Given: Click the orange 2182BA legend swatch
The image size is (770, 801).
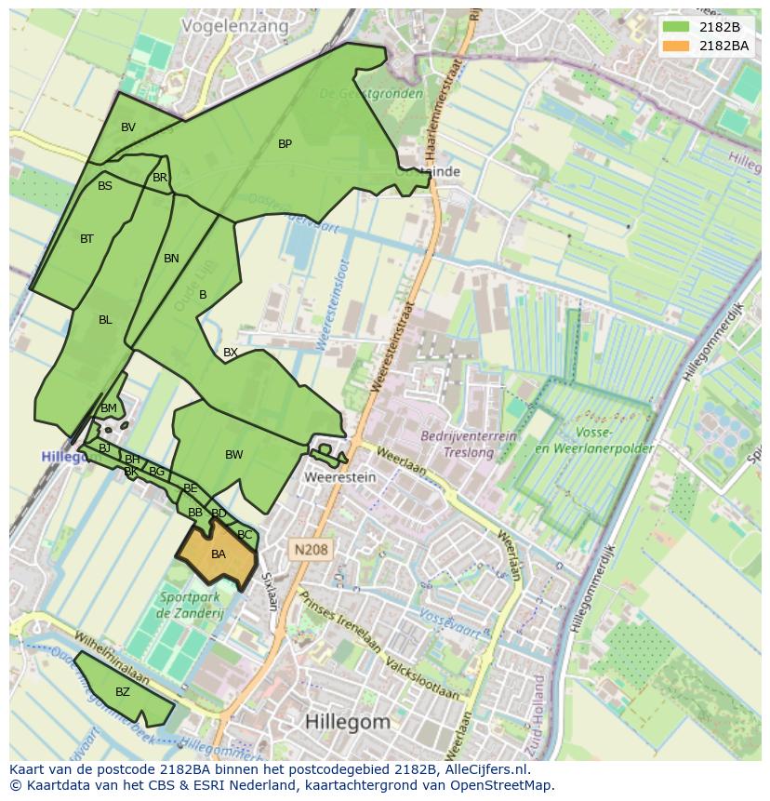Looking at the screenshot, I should point(676,46).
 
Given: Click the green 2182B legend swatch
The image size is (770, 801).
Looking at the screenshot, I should point(676,27).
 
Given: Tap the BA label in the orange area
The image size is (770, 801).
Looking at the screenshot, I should point(219,554).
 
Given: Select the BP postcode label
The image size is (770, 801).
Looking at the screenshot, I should point(285,144).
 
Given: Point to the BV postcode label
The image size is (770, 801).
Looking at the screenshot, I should point(128,127).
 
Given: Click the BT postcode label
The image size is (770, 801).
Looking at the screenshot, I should point(86,239).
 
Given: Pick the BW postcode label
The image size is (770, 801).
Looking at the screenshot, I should point(233,455).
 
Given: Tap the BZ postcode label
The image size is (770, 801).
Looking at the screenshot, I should point(123,692).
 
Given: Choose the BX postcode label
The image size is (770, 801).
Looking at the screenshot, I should point(231,353).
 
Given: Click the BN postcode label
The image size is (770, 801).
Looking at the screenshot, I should point(171,259).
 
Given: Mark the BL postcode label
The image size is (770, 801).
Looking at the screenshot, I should point(105,320).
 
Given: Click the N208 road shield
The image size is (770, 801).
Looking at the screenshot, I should point(309,550).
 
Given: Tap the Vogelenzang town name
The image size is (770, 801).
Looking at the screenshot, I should point(235,26).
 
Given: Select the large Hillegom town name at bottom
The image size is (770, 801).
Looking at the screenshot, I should point(347,721).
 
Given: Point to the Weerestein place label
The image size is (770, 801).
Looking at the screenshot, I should point(340,477).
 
